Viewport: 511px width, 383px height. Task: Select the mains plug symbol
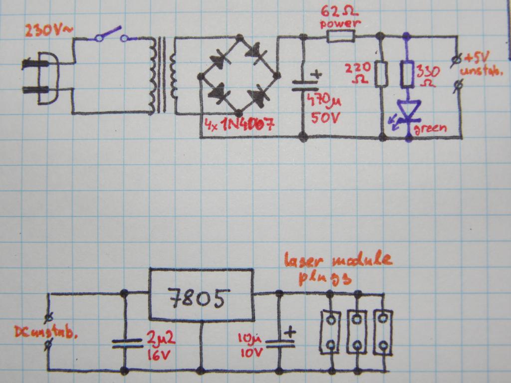[40, 77]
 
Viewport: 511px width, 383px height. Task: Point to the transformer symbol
[162, 75]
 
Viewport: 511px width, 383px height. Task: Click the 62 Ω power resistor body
[341, 36]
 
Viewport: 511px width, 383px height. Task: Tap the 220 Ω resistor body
[381, 73]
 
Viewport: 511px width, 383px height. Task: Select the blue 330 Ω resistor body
[408, 74]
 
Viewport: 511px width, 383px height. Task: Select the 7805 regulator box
[200, 294]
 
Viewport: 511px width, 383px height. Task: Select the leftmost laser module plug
[330, 332]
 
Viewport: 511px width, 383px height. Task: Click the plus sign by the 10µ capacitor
[290, 332]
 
